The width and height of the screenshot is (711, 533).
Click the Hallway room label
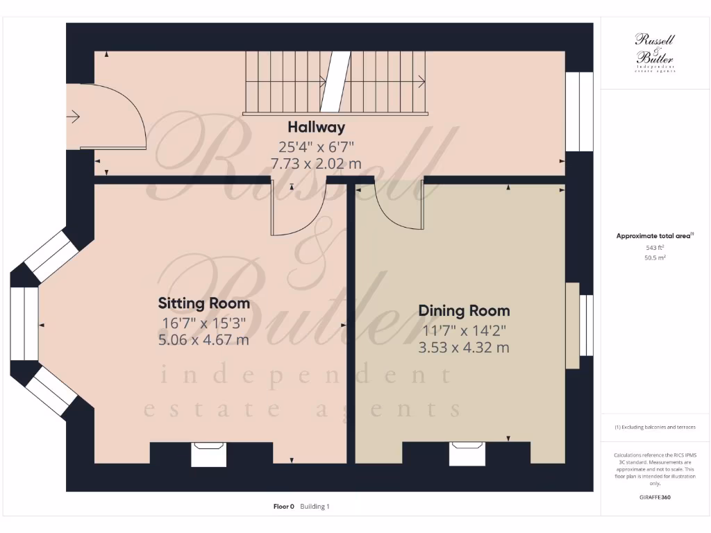coord(316,128)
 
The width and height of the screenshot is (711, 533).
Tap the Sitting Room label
coord(204,303)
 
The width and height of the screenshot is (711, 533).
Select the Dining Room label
coord(464,311)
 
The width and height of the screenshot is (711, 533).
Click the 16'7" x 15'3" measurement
coord(203,322)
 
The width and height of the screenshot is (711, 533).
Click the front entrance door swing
coord(111,118)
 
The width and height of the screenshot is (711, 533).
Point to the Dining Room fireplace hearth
coord(468,455)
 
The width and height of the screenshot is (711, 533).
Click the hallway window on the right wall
coord(579,112)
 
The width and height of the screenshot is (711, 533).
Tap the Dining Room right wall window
coord(587,324)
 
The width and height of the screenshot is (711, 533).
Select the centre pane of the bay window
coord(24,324)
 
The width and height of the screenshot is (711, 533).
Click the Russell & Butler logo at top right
coord(655,52)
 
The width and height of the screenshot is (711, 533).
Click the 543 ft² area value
coord(654,247)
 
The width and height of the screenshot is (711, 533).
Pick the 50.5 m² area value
coord(654,257)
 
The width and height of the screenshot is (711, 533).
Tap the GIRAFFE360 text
coord(654,497)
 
